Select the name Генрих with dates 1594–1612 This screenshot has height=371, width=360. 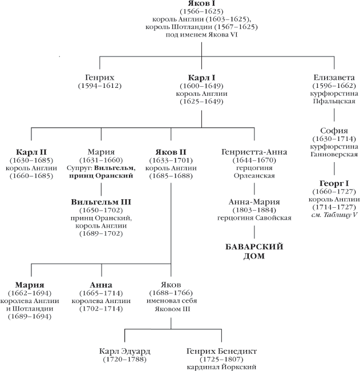[100, 77]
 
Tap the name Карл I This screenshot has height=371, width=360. [201, 77]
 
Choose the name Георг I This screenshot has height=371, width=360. [334, 184]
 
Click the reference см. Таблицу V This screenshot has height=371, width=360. [334, 215]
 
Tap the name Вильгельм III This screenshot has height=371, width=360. [102, 202]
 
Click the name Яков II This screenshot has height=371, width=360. [171, 152]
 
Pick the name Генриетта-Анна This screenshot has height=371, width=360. [253, 152]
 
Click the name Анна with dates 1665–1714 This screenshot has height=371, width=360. [100, 285]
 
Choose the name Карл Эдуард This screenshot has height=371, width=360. [124, 351]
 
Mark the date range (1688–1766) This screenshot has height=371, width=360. [171, 293]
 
